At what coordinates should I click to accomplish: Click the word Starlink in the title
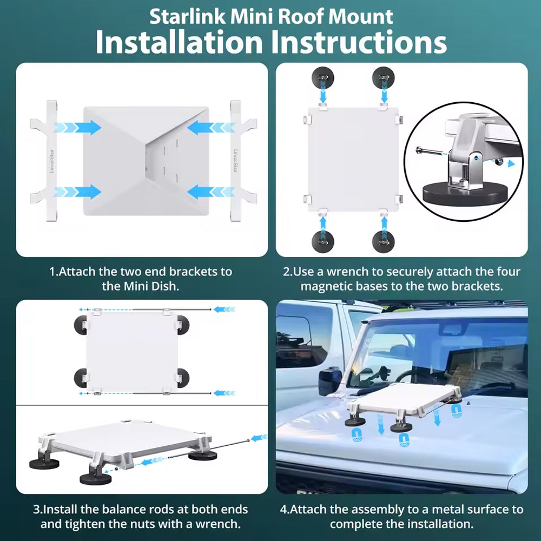(187, 17)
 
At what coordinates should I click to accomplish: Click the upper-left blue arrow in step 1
(77, 127)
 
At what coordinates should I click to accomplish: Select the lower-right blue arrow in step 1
(211, 192)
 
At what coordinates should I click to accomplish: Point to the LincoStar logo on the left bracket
(52, 161)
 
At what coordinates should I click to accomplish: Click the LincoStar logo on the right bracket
(236, 161)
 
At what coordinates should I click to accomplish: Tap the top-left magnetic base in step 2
(322, 77)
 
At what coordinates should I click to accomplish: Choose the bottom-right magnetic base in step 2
(384, 241)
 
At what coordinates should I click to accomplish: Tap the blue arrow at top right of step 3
(225, 309)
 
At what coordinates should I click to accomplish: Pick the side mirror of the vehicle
(330, 382)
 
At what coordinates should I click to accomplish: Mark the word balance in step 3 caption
(122, 510)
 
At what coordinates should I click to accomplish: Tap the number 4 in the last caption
(283, 510)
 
